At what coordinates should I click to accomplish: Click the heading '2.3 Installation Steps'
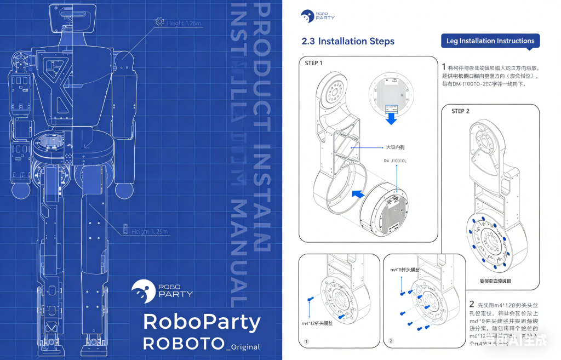pos(348,41)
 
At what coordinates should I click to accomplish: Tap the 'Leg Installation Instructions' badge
pos(490,41)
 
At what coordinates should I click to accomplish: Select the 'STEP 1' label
pos(313,63)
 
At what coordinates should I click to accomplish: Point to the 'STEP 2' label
pos(461,111)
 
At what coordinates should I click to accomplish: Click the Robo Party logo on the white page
pos(318,16)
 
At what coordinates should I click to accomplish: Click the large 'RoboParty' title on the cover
pos(201,322)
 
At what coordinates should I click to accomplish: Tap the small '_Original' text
pos(243,346)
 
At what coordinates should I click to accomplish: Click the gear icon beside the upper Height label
pos(159,22)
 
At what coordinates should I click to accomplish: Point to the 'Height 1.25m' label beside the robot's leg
pos(150,232)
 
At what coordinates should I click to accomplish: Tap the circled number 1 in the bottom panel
pos(306,341)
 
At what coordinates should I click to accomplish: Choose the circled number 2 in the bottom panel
pos(391,341)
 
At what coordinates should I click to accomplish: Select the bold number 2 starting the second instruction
pos(472,304)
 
